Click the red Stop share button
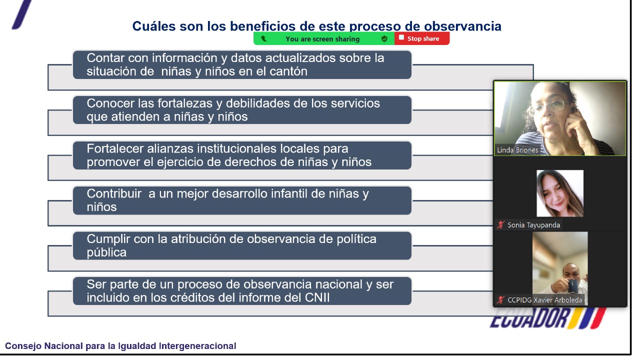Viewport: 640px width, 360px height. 421,38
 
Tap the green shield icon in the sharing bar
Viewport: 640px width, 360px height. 384,39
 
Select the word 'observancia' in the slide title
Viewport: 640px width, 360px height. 462,26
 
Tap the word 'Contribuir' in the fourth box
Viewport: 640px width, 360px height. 114,193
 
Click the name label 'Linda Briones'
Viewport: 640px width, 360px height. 517,150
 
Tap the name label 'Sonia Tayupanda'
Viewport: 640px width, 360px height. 533,225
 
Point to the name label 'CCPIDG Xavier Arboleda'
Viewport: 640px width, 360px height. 544,300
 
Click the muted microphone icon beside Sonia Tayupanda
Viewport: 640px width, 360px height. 500,225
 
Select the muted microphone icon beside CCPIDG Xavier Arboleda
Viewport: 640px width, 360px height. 500,299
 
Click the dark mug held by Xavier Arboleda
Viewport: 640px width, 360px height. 572,285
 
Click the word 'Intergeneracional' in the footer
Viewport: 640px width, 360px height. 197,346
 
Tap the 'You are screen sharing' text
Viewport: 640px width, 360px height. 322,39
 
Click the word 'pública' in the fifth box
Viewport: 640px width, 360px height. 106,253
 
